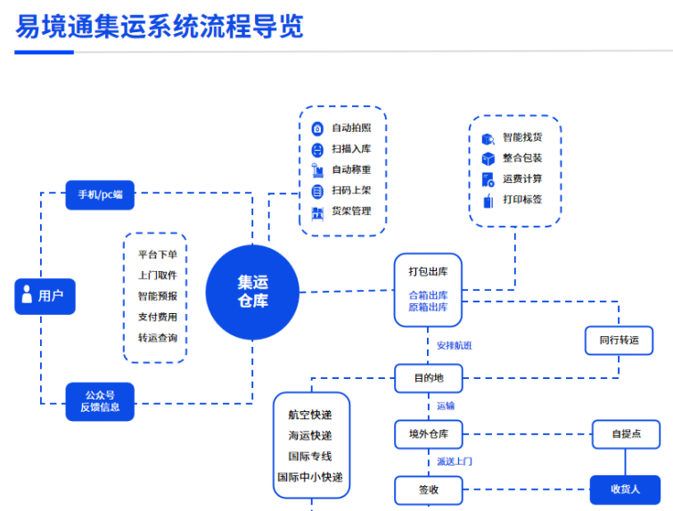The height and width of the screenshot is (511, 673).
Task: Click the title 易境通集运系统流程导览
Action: tap(160, 27)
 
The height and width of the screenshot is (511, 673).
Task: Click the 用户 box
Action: tap(45, 296)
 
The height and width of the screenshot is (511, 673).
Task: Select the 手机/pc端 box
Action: tap(100, 194)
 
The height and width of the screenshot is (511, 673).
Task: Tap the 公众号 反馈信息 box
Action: tap(100, 400)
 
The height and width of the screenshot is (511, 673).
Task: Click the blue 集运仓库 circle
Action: tap(252, 292)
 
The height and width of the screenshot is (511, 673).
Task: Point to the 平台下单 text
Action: tap(157, 254)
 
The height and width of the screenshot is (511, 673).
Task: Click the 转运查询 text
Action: tap(157, 338)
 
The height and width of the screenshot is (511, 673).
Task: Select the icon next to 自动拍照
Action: tap(316, 128)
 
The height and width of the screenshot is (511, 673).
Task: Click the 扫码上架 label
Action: tap(351, 191)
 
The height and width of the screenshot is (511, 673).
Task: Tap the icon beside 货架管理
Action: tap(316, 212)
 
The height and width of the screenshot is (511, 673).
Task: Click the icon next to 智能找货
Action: tap(488, 138)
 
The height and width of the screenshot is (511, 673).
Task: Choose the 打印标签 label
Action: tap(522, 200)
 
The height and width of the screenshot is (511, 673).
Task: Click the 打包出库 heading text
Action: tap(428, 271)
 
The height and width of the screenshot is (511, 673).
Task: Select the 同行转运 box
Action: tap(619, 340)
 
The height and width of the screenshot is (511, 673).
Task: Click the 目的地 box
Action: tap(428, 378)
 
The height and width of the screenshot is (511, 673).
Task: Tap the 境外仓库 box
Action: tap(428, 434)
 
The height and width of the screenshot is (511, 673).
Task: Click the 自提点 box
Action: tap(626, 434)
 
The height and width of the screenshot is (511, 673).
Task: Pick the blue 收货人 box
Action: tap(626, 489)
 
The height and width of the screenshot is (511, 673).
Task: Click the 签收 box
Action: tap(428, 490)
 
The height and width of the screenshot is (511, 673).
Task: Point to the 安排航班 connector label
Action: tap(454, 345)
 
